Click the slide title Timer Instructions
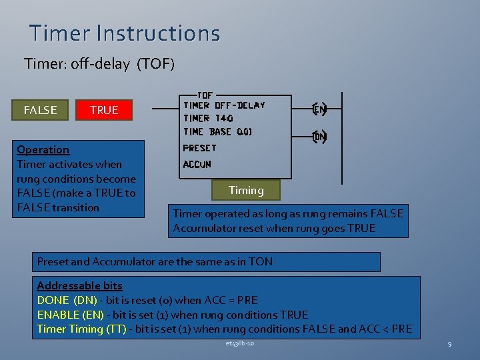(124, 33)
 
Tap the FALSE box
(40, 110)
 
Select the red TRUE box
(104, 110)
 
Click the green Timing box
(246, 190)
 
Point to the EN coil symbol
(319, 109)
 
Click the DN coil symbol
(319, 137)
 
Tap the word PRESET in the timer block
(199, 147)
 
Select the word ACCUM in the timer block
(197, 164)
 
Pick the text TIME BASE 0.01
(217, 131)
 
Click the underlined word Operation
(43, 149)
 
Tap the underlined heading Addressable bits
(79, 285)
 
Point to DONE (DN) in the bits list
(67, 300)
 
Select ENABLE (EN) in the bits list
(71, 315)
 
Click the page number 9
(449, 344)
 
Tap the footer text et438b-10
(240, 343)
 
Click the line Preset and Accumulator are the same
(155, 261)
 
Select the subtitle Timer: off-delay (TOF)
(99, 64)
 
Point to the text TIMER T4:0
(208, 118)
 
